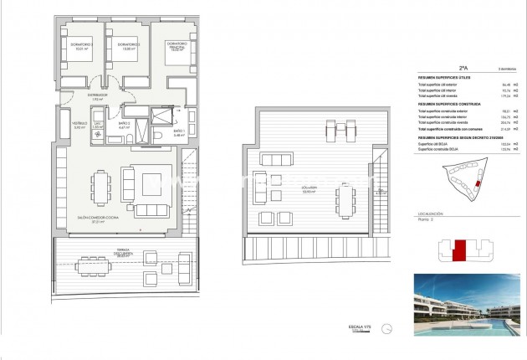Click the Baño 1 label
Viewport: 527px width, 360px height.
(x=178, y=132)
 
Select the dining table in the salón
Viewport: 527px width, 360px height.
(x=100, y=187)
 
